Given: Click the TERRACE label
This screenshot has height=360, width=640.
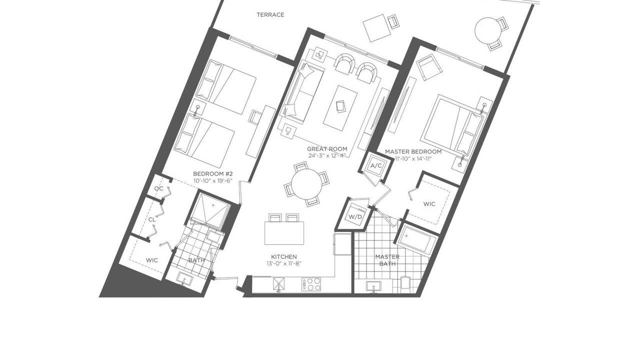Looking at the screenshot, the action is pyautogui.click(x=270, y=15).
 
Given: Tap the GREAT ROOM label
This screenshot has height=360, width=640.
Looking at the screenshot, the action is pyautogui.click(x=327, y=149).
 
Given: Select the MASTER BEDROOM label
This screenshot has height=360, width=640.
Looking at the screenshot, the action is pyautogui.click(x=413, y=151).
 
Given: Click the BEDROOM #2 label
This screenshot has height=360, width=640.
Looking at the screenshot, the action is pyautogui.click(x=213, y=173).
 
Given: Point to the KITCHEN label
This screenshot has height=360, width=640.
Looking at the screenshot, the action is pyautogui.click(x=284, y=257).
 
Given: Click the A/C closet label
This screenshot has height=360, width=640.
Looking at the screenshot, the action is pyautogui.click(x=376, y=165).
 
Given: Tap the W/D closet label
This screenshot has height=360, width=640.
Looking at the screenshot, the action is pyautogui.click(x=355, y=217).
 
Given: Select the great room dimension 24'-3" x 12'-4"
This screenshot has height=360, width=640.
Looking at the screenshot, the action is pyautogui.click(x=327, y=155).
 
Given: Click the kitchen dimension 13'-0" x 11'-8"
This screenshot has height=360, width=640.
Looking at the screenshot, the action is pyautogui.click(x=284, y=263).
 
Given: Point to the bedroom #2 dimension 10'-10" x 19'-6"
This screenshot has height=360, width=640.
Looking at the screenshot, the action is pyautogui.click(x=213, y=180).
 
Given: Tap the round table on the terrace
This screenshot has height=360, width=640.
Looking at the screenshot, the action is pyautogui.click(x=488, y=30).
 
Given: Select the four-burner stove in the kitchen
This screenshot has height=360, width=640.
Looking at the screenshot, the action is pyautogui.click(x=311, y=284).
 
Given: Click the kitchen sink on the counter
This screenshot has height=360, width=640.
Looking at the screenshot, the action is pyautogui.click(x=279, y=284).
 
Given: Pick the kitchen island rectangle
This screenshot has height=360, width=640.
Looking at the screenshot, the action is pyautogui.click(x=284, y=233).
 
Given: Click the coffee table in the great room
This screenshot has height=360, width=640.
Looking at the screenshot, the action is pyautogui.click(x=340, y=108).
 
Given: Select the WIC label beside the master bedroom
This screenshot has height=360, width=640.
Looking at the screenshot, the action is pyautogui.click(x=429, y=204).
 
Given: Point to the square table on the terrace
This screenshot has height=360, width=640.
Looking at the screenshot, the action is pyautogui.click(x=376, y=28).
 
